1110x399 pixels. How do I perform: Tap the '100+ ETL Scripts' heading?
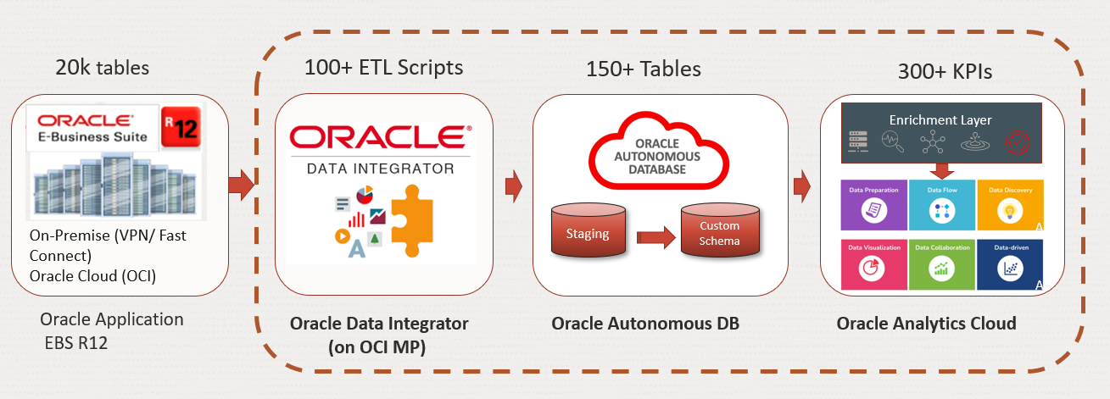384,68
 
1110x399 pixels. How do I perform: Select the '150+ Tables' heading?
644,69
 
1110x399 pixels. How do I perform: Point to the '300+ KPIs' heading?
945,72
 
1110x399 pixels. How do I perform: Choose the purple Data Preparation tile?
873,204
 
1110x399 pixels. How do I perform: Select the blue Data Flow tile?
941,204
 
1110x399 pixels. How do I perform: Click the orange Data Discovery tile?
1009,204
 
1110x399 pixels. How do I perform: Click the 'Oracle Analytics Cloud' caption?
926,324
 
